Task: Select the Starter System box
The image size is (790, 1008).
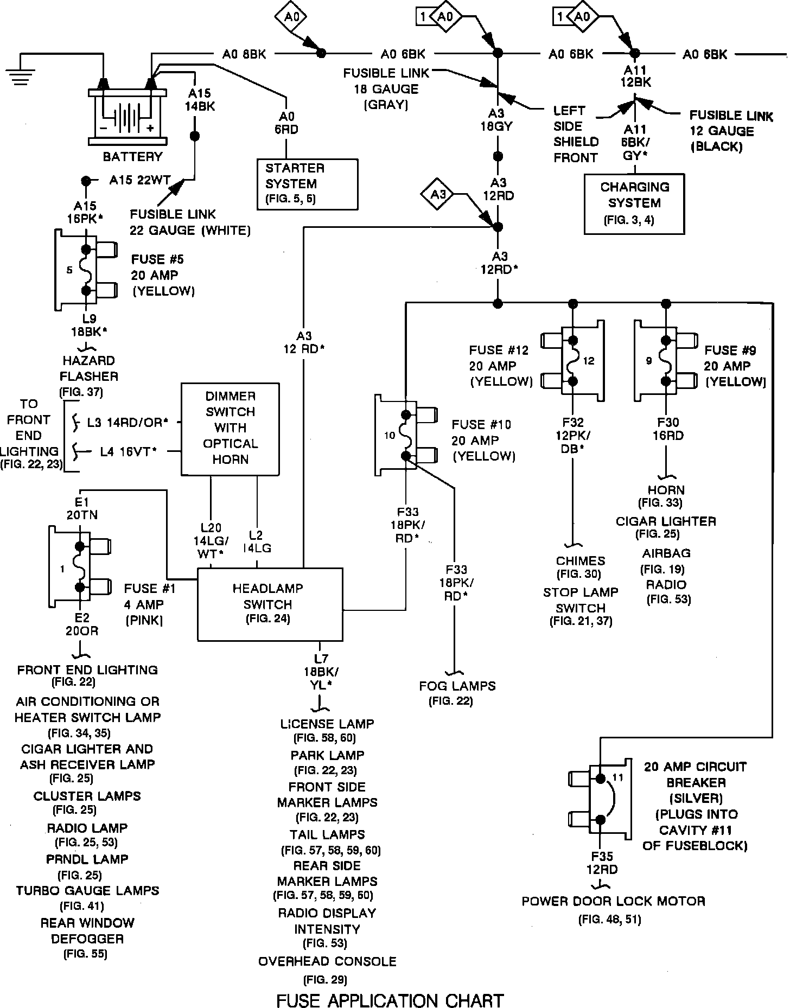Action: coord(308,184)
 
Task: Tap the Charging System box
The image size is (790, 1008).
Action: coord(634,203)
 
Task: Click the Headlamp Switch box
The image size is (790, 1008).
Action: coord(270,604)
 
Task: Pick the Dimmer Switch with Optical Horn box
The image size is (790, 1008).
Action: coord(230,429)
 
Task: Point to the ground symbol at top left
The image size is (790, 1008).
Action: coord(20,73)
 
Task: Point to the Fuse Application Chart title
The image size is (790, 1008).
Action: coord(390,1000)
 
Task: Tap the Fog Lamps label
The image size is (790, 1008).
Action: coord(457,686)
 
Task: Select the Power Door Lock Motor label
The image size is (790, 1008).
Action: coord(613,901)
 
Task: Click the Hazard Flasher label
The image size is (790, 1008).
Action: coord(88,368)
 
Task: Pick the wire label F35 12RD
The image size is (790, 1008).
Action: coord(602,863)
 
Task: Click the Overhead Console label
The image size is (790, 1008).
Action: coord(327,961)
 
